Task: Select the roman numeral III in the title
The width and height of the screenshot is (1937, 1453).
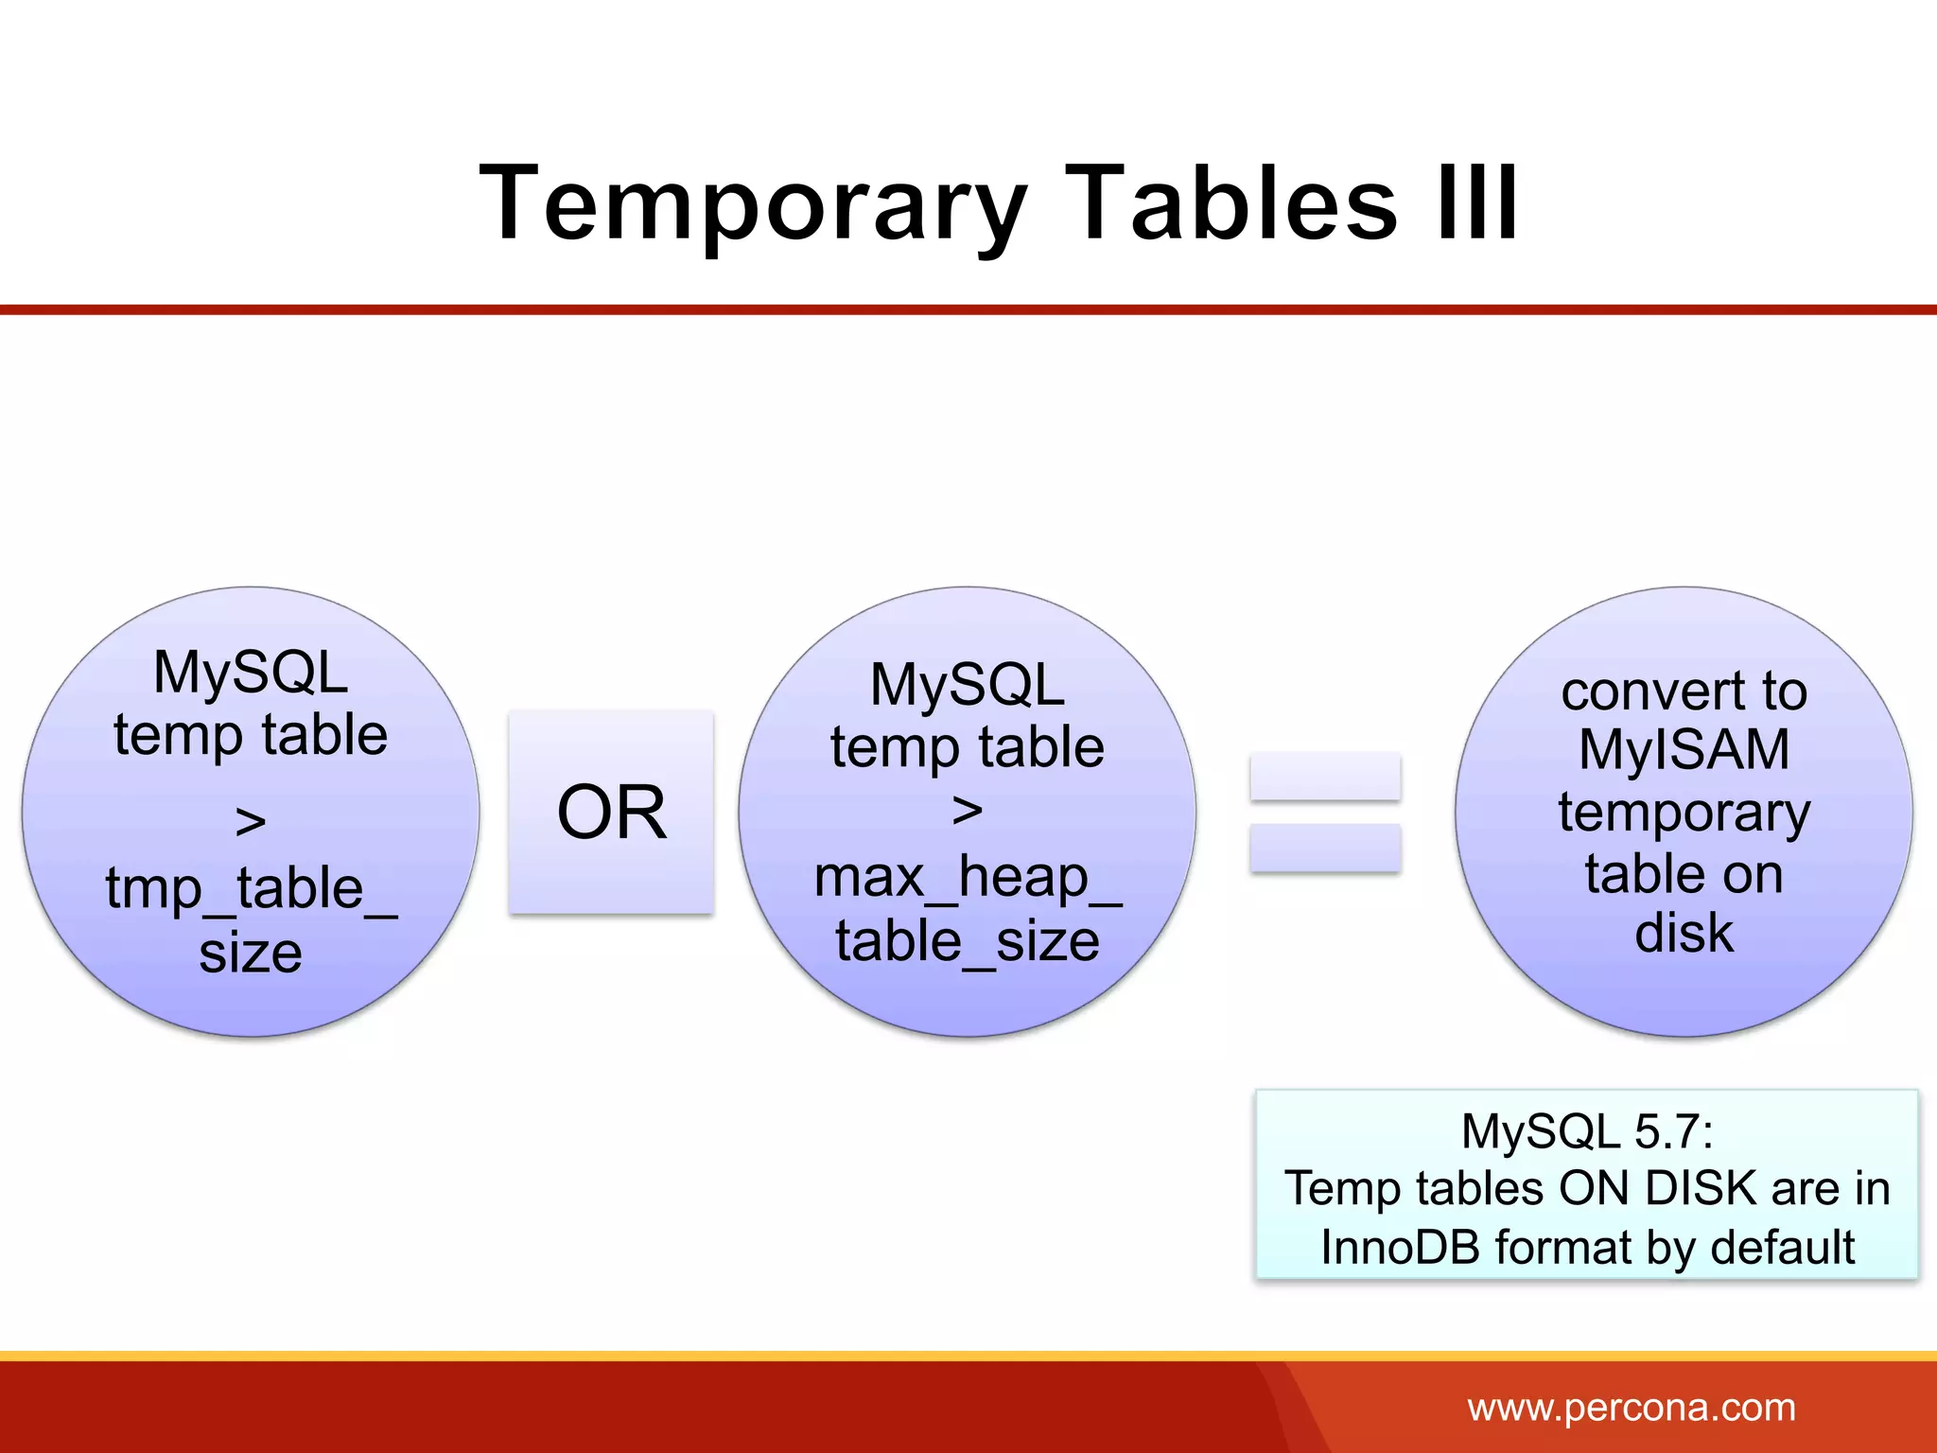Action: pyautogui.click(x=1477, y=203)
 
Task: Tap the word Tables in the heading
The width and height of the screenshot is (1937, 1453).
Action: pyautogui.click(x=1230, y=203)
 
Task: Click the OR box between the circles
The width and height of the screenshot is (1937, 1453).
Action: pyautogui.click(x=611, y=813)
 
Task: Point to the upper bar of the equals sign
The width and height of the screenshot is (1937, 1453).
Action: pyautogui.click(x=1324, y=777)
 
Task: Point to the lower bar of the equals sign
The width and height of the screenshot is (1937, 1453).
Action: pyautogui.click(x=1324, y=848)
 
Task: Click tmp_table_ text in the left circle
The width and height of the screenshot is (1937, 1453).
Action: pyautogui.click(x=251, y=888)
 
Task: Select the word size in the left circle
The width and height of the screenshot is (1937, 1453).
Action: pyautogui.click(x=251, y=953)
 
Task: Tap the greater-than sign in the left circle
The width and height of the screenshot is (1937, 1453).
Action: pyautogui.click(x=251, y=821)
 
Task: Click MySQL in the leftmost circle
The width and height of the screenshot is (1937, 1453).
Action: pyautogui.click(x=251, y=673)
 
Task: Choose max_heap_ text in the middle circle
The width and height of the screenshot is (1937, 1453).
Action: pyautogui.click(x=967, y=877)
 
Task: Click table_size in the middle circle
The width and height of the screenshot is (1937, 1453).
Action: pyautogui.click(x=967, y=941)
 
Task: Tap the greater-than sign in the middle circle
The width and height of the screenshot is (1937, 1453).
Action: pyautogui.click(x=967, y=810)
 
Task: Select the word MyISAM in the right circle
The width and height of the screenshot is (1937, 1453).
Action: pyautogui.click(x=1684, y=750)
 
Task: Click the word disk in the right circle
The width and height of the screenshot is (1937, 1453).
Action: pyautogui.click(x=1684, y=933)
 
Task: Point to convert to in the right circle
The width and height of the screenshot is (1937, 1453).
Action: pyautogui.click(x=1684, y=691)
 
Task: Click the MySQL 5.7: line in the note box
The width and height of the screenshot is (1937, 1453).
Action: pyautogui.click(x=1586, y=1131)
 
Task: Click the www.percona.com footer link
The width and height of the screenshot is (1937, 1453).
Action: pyautogui.click(x=1631, y=1408)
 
